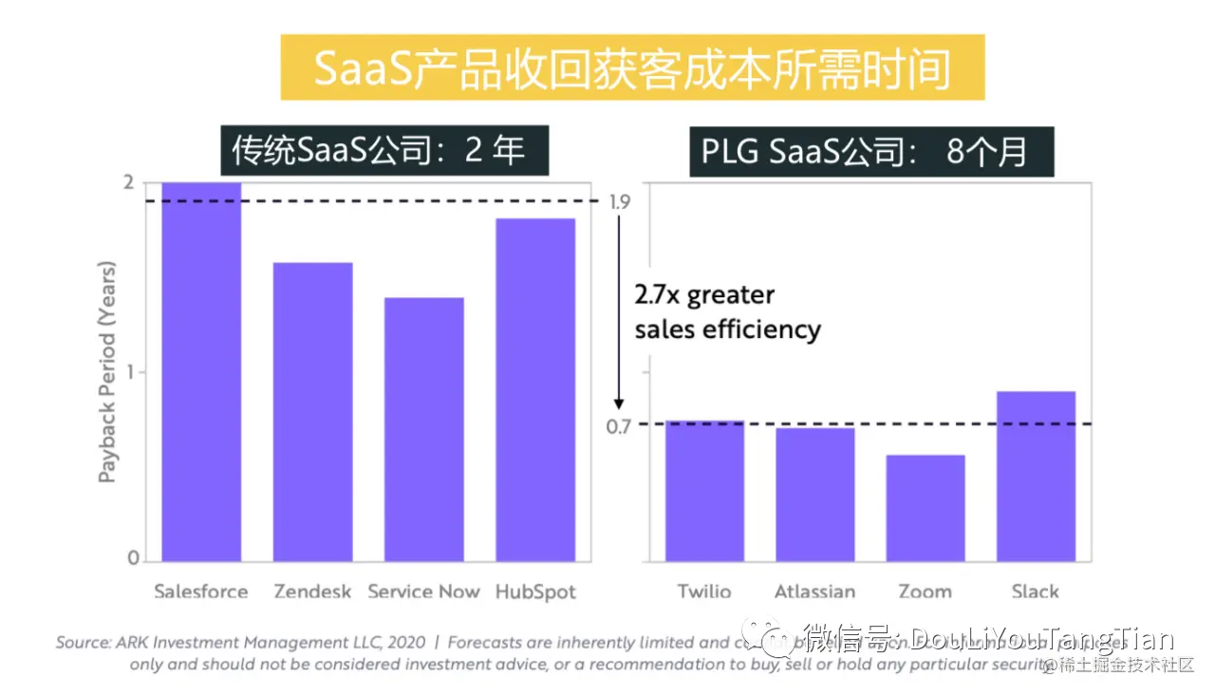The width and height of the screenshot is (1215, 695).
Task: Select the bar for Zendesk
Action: [312, 411]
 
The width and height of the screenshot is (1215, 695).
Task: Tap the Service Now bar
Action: [423, 429]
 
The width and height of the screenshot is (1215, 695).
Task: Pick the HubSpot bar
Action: [534, 389]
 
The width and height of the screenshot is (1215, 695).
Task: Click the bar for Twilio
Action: [704, 490]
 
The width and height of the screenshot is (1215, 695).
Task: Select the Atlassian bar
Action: [814, 494]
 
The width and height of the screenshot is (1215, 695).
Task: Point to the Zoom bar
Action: [925, 508]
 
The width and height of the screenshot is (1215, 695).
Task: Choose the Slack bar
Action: [1036, 476]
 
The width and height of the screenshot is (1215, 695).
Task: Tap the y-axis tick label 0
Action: [134, 558]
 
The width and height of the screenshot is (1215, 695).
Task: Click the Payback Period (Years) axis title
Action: [107, 370]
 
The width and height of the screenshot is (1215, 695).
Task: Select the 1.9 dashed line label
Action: [618, 201]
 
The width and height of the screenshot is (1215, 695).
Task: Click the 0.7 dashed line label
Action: [618, 426]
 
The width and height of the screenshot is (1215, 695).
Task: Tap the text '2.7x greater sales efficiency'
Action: [727, 312]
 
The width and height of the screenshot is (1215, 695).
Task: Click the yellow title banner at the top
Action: [632, 68]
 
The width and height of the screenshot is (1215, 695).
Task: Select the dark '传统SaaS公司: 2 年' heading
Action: [384, 151]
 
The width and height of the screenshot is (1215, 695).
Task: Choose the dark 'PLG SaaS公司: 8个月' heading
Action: [871, 151]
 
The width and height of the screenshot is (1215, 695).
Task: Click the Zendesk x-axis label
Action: [312, 592]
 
